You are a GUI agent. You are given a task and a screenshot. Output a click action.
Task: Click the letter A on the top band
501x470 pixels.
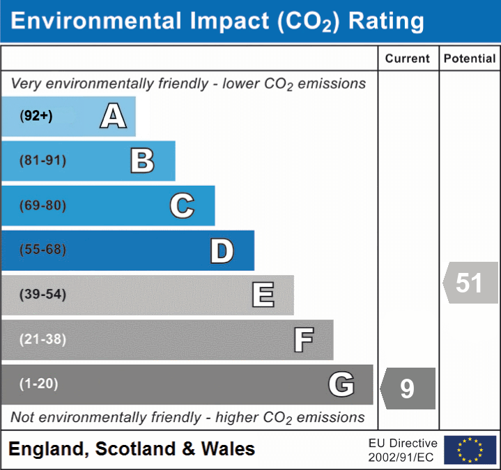[113, 116]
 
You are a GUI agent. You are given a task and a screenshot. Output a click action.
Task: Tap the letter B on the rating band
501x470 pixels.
[142, 161]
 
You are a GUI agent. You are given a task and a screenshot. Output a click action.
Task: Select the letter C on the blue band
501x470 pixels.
[182, 205]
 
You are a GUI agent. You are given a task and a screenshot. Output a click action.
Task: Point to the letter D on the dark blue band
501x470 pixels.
[222, 251]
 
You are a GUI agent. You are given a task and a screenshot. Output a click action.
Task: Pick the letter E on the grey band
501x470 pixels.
[263, 295]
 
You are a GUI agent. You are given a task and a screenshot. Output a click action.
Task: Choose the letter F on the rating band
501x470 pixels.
[303, 340]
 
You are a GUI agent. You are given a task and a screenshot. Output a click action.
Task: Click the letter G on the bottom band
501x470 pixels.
[341, 384]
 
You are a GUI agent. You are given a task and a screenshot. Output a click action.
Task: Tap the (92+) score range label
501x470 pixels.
[36, 116]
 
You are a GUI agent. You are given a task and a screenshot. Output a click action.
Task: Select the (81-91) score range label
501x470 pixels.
[43, 161]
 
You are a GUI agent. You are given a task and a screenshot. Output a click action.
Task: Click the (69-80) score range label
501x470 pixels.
[43, 205]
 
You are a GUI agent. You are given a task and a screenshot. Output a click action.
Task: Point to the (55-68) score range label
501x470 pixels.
[43, 250]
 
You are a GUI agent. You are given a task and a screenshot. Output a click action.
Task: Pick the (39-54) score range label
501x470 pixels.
[43, 295]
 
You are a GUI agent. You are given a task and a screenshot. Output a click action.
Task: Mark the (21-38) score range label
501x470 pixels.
[43, 340]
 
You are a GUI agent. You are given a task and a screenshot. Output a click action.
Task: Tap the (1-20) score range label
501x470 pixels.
[39, 384]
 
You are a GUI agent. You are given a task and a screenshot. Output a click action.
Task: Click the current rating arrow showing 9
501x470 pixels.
[408, 388]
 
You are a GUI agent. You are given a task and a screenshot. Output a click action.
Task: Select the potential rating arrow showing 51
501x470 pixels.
[470, 283]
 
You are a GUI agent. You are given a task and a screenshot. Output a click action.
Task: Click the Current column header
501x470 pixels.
[408, 59]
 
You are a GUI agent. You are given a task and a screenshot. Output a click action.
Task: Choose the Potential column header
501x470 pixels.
[470, 59]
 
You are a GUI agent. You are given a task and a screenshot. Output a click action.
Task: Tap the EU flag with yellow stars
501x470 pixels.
[470, 450]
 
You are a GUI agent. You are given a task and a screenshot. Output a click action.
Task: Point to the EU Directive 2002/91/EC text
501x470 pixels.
[403, 450]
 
